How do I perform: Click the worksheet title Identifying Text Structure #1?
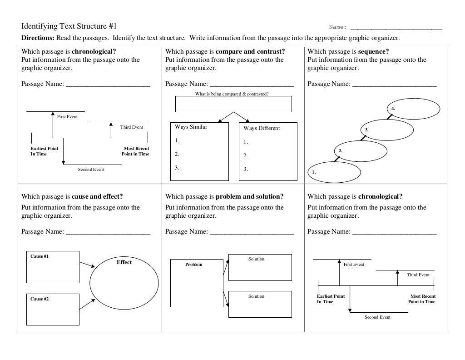click(69, 26)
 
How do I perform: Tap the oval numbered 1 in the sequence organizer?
click(334, 172)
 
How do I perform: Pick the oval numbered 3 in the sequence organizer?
click(387, 130)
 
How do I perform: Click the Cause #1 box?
click(52, 267)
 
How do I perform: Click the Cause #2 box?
click(52, 309)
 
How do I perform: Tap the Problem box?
click(197, 283)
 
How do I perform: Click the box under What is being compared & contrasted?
click(233, 104)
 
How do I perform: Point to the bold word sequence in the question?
click(373, 51)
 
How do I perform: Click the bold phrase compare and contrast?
click(250, 51)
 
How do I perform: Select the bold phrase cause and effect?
click(97, 197)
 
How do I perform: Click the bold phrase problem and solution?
click(249, 197)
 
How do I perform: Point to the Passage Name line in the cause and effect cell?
click(108, 232)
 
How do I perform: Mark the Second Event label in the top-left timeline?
click(91, 170)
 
